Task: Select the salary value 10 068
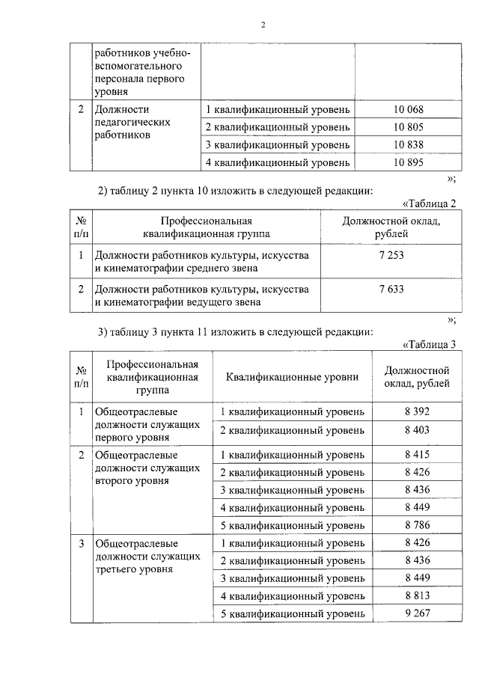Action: pyautogui.click(x=409, y=110)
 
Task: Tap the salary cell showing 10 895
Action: pyautogui.click(x=409, y=162)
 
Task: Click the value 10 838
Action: pyautogui.click(x=409, y=144)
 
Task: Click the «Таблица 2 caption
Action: pyautogui.click(x=429, y=203)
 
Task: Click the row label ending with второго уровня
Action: pyautogui.click(x=147, y=468)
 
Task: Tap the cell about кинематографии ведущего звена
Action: pyautogui.click(x=202, y=295)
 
